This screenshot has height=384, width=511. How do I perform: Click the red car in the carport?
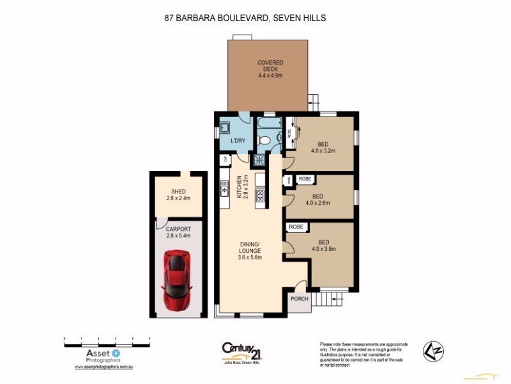(x=177, y=279)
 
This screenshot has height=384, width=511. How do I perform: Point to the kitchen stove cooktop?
(x=261, y=196)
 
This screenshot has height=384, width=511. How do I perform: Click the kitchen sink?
(x=224, y=188)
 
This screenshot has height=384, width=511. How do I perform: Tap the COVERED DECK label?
(x=270, y=68)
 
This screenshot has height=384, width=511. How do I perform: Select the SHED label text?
(x=178, y=191)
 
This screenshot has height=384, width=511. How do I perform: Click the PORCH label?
(x=299, y=299)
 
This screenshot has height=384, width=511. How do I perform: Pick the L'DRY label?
(x=238, y=140)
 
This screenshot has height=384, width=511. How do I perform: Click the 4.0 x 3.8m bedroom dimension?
(x=323, y=249)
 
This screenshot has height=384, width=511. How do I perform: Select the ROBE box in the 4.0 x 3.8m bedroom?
(x=296, y=227)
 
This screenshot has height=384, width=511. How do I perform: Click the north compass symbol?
(x=433, y=351)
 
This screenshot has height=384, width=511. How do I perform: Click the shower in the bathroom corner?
(x=261, y=161)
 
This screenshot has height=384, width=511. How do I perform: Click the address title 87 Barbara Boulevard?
(x=245, y=18)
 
